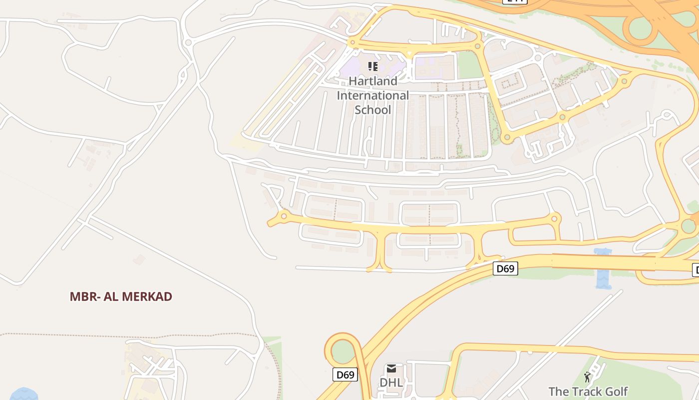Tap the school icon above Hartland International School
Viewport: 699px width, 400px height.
[372, 66]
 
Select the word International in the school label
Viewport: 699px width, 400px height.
[373, 95]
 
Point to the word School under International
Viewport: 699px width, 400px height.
[373, 109]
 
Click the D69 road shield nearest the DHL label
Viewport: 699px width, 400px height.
[345, 374]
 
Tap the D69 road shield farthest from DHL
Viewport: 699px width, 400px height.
[505, 268]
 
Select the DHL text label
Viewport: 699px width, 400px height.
[391, 382]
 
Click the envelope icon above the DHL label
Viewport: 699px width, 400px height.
[391, 369]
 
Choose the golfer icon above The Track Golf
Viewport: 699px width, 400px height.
[587, 376]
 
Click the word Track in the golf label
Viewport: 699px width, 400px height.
[585, 391]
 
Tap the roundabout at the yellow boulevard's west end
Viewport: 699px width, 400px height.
[284, 216]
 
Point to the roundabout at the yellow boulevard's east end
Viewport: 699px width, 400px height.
[554, 218]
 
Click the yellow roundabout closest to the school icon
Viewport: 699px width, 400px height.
[352, 42]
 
